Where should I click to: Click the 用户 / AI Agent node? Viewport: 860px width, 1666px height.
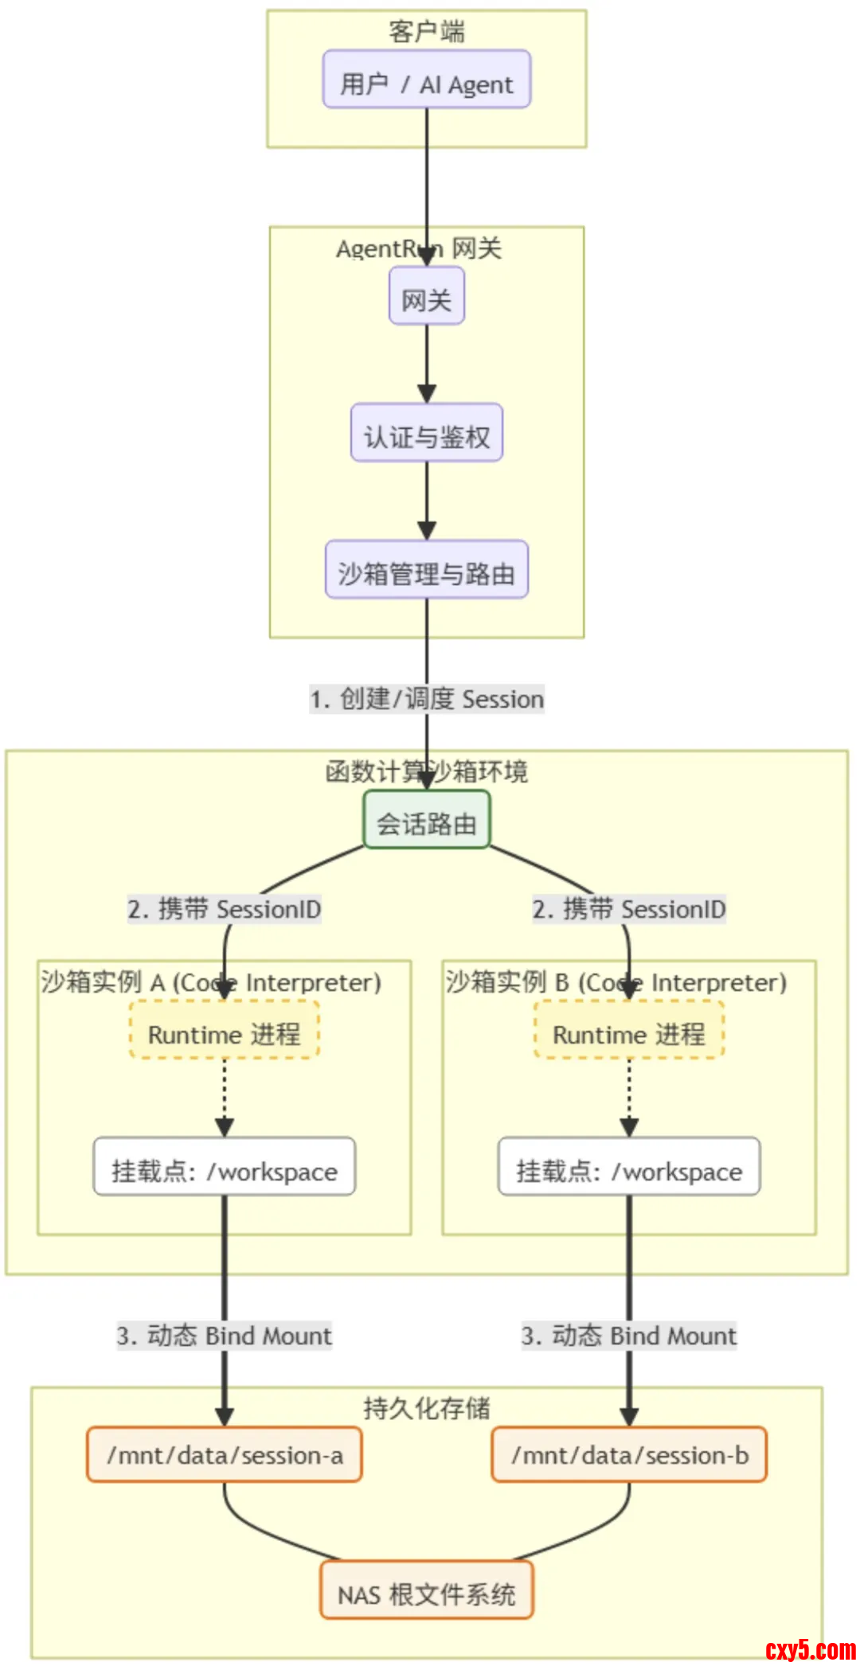pos(426,80)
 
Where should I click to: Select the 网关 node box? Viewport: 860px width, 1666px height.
pos(426,297)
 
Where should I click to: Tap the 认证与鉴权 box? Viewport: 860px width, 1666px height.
pos(426,433)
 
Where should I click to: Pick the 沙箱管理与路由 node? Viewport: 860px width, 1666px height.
pos(426,570)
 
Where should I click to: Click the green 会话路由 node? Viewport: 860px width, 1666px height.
pos(426,820)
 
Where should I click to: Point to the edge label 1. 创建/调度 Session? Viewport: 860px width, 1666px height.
pos(426,699)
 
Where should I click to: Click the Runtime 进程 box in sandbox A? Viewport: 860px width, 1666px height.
pos(224,1031)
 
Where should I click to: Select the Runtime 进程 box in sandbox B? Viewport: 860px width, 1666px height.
pos(628,1031)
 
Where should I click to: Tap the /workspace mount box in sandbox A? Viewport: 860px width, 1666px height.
pos(224,1168)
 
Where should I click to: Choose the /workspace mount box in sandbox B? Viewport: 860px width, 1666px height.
pos(628,1168)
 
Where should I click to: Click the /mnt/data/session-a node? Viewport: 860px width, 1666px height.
pos(224,1454)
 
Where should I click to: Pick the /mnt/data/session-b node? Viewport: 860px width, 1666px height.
pos(628,1454)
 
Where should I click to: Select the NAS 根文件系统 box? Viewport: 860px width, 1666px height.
pos(426,1591)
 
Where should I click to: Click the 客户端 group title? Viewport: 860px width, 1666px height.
pos(426,32)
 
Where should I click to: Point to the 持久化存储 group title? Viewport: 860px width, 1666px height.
pos(426,1407)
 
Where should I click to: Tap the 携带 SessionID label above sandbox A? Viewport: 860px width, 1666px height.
pos(224,908)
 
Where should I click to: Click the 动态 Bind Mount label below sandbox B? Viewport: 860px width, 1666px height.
pos(628,1335)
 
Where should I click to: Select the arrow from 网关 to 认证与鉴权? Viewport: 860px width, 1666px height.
pos(426,362)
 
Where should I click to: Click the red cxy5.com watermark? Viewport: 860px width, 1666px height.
pos(810,1649)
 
